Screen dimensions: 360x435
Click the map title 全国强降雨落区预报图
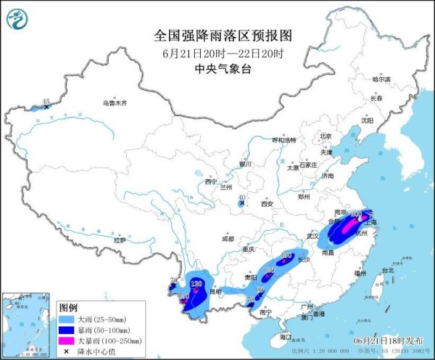[x=217, y=36]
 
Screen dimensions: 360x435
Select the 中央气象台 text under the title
[x=217, y=69]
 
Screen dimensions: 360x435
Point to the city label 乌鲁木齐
[x=114, y=104]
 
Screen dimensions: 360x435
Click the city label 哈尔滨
[x=381, y=78]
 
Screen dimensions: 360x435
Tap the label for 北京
[x=326, y=136]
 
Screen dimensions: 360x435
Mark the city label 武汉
[x=313, y=236]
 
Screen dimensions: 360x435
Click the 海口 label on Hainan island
[x=285, y=337]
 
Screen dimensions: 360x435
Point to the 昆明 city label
[x=215, y=291]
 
